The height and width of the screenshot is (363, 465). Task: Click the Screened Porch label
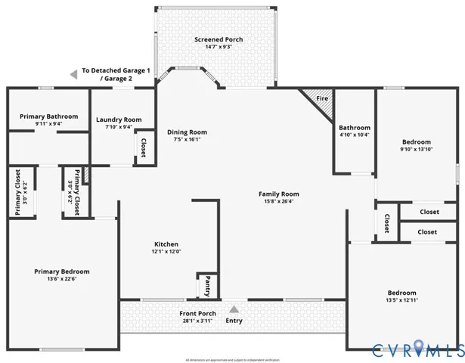(212, 39)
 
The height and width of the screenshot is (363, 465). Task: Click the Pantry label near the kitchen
(207, 287)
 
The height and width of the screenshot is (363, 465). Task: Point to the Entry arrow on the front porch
(234, 309)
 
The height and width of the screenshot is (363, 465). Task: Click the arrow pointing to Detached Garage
(73, 74)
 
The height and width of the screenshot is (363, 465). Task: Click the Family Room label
(279, 194)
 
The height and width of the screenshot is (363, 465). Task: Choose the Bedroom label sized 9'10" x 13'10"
(416, 142)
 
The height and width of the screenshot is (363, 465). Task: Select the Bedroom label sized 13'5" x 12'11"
(401, 293)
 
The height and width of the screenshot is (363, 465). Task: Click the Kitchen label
(166, 244)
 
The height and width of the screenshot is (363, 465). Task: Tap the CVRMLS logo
(417, 349)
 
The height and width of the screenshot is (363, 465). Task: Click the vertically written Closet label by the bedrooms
(386, 223)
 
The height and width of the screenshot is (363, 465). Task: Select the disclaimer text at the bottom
(232, 359)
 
